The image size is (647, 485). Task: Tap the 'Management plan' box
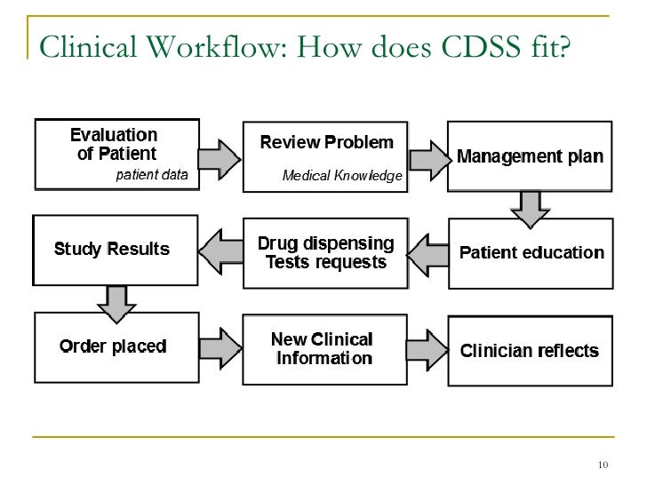[530, 157]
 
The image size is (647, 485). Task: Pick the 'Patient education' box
[531, 252]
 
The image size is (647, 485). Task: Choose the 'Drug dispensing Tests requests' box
[325, 252]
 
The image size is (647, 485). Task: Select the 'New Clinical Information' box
[325, 349]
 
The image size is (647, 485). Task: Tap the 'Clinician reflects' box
[530, 350]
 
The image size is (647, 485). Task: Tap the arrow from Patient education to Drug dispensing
[429, 253]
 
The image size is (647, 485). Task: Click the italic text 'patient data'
[153, 175]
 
